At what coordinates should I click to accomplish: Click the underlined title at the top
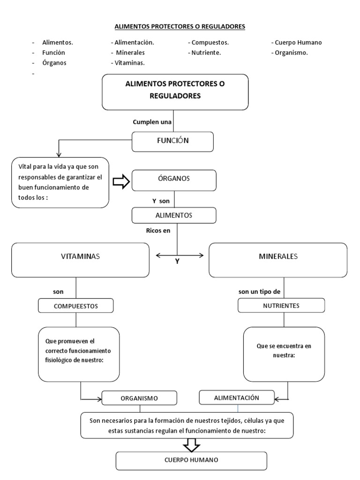(180, 27)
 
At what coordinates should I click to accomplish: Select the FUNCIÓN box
(173, 142)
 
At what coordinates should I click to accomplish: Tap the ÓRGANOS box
(174, 179)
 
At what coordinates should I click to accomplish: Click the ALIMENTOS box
(174, 215)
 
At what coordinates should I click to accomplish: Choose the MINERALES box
(277, 259)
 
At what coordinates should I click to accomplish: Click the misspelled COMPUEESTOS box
(76, 306)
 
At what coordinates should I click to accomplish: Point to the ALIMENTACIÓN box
(237, 397)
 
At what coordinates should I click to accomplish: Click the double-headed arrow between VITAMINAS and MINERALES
(180, 255)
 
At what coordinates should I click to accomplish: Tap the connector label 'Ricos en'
(158, 230)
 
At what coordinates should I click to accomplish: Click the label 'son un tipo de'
(259, 291)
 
